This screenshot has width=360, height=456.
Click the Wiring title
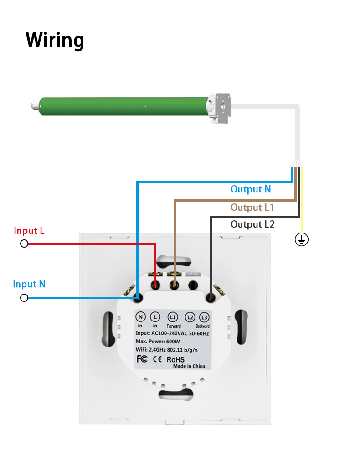tap(55, 40)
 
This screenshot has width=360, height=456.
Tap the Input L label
tap(29, 231)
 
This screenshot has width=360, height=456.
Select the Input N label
tap(29, 284)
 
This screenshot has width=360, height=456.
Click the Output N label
tap(251, 189)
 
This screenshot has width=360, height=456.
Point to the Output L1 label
tap(252, 207)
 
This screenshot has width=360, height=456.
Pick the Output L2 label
tap(252, 224)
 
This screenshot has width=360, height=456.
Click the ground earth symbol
tap(301, 239)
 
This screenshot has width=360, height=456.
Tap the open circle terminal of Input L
tap(24, 244)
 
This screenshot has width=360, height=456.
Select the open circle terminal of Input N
tap(24, 298)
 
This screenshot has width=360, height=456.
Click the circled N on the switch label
tap(141, 317)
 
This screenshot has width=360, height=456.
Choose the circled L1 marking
tap(173, 317)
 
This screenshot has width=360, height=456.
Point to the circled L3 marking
tap(204, 317)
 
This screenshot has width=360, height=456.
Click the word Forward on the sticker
tap(174, 326)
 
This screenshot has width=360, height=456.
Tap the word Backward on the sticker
tap(202, 326)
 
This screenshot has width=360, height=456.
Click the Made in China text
tap(190, 366)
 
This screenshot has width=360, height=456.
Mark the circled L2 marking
tap(190, 317)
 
